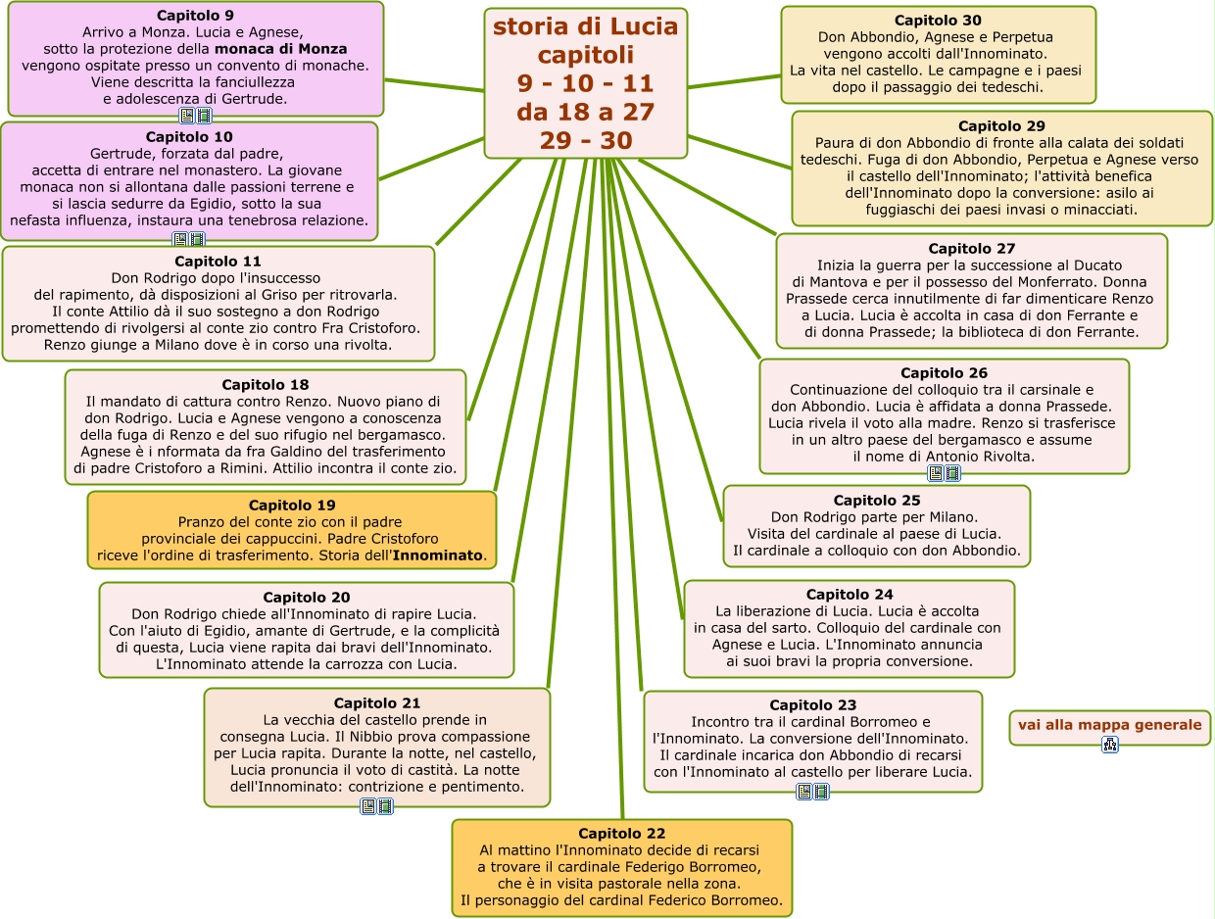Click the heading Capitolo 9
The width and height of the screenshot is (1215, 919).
tap(195, 16)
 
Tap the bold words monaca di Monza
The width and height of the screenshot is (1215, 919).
tap(281, 48)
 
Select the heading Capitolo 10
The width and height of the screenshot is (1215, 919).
tap(189, 137)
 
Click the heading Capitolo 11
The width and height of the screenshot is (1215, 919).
tap(218, 262)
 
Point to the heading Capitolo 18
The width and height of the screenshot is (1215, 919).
tap(266, 385)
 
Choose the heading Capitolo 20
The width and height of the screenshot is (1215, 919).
tap(307, 598)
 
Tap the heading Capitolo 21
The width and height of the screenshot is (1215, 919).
tap(377, 703)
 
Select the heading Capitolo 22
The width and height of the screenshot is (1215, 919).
tap(621, 834)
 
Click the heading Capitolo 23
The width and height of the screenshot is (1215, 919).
tap(812, 705)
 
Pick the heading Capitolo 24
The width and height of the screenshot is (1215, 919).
tap(850, 595)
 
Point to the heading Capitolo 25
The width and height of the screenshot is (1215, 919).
tap(877, 501)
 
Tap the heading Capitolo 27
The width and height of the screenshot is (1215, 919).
tap(972, 249)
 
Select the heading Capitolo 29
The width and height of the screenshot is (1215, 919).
tap(1001, 126)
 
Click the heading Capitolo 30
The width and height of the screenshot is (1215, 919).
tap(938, 21)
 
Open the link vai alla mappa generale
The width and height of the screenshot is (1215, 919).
tap(1109, 725)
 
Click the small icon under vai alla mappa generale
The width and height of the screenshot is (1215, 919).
tap(1110, 745)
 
